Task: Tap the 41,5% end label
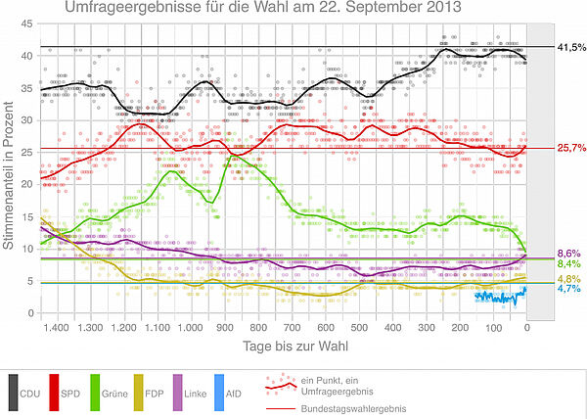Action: click(x=570, y=47)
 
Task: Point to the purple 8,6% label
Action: click(x=570, y=255)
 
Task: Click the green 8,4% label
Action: click(x=570, y=264)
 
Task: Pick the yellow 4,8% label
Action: click(x=570, y=279)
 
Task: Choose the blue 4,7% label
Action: click(x=570, y=289)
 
